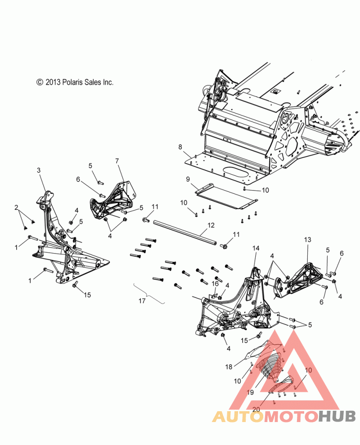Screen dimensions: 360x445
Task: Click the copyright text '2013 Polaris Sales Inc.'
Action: pos(79,82)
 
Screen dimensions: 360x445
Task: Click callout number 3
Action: pos(39,170)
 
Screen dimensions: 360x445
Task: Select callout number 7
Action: pos(117,161)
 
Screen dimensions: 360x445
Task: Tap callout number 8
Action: pos(180,147)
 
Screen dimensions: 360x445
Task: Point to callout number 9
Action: pos(188,179)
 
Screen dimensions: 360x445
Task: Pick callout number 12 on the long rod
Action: pos(211,225)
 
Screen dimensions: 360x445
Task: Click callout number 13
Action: pos(307,240)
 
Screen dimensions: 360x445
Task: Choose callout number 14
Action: pos(256,248)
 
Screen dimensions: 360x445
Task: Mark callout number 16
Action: pos(215,284)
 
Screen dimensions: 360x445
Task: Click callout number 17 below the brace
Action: pos(142,301)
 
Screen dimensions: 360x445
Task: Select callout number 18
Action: pos(229,367)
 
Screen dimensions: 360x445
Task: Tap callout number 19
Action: pos(250,392)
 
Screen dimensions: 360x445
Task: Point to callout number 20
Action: pos(256,409)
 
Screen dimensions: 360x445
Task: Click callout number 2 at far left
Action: pos(16,208)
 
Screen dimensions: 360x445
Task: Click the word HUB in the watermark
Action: pos(337,416)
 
